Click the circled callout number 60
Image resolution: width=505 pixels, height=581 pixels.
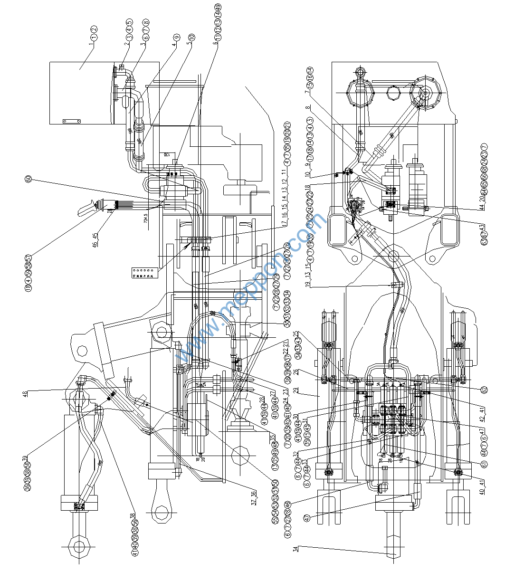coord(29,179)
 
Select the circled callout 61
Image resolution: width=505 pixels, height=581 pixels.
coord(484,463)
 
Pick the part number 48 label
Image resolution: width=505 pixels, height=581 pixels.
coord(25,393)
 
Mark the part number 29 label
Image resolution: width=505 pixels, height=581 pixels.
coord(308,391)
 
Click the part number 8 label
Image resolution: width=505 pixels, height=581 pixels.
coord(308,107)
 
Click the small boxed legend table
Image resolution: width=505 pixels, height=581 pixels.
coord(143,273)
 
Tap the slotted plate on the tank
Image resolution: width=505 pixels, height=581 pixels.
coord(72,121)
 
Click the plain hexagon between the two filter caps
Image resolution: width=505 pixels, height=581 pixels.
coord(393,92)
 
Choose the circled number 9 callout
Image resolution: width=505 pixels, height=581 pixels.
coord(177,37)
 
